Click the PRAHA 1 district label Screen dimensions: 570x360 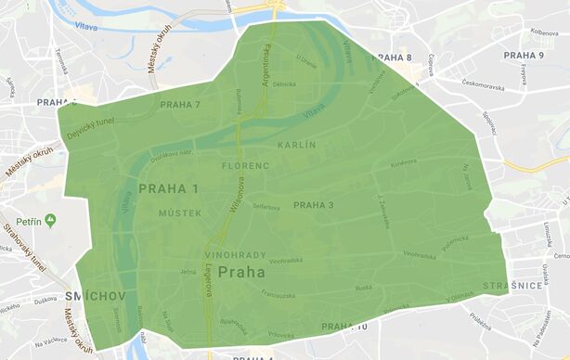169,189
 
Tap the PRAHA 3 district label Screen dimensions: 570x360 313,205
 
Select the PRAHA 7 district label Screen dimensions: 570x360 180,105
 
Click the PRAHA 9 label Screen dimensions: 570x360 524,56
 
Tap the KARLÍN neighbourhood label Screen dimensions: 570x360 297,146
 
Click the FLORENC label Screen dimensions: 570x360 245,166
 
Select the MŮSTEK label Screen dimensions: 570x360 179,212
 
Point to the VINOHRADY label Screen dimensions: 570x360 235,254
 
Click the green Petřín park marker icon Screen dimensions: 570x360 50,221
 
